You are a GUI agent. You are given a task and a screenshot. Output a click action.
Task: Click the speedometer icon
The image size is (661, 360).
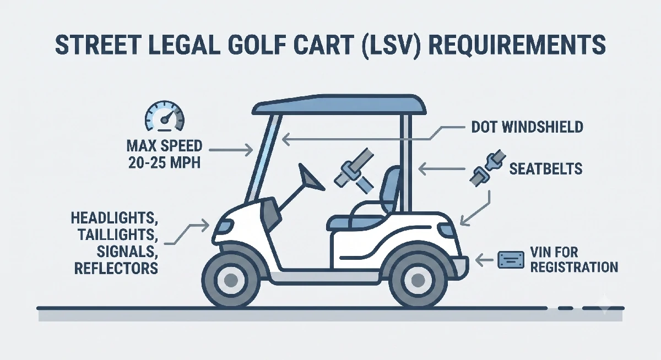click(164, 117)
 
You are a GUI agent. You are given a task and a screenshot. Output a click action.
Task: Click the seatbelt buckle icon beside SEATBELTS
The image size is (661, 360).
click(487, 168)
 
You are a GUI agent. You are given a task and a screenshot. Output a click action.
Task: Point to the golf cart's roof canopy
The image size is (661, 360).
click(339, 105)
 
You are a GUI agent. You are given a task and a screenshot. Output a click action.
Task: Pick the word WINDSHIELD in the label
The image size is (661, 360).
click(543, 127)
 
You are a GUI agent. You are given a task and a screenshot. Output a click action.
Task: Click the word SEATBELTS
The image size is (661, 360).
click(546, 169)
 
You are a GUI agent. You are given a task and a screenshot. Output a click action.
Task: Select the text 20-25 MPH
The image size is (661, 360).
click(164, 162)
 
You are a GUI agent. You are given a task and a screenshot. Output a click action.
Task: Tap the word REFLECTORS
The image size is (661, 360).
click(116, 268)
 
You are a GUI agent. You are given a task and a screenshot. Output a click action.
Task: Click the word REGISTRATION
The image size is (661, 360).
click(574, 267)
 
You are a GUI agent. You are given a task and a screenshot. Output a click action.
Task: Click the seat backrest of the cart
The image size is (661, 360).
click(389, 189)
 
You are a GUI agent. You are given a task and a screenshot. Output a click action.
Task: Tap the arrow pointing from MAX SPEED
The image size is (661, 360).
click(231, 150)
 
